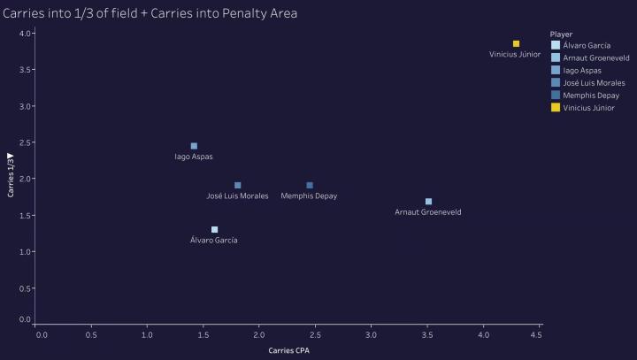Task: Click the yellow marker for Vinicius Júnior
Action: [516, 43]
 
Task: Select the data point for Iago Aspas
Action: [194, 146]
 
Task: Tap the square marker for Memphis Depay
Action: [310, 185]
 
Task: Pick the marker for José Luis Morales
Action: [238, 185]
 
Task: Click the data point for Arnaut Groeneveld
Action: [428, 202]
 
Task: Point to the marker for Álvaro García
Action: [214, 229]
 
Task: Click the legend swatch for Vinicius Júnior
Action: [555, 107]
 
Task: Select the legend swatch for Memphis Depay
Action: [555, 95]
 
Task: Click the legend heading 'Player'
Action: [560, 34]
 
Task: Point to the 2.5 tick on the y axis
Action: [26, 142]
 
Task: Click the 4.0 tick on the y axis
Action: [26, 34]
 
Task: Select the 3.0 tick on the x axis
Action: [371, 334]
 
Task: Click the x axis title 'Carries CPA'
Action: [289, 350]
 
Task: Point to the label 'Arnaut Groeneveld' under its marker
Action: [428, 212]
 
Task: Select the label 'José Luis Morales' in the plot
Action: [237, 195]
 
